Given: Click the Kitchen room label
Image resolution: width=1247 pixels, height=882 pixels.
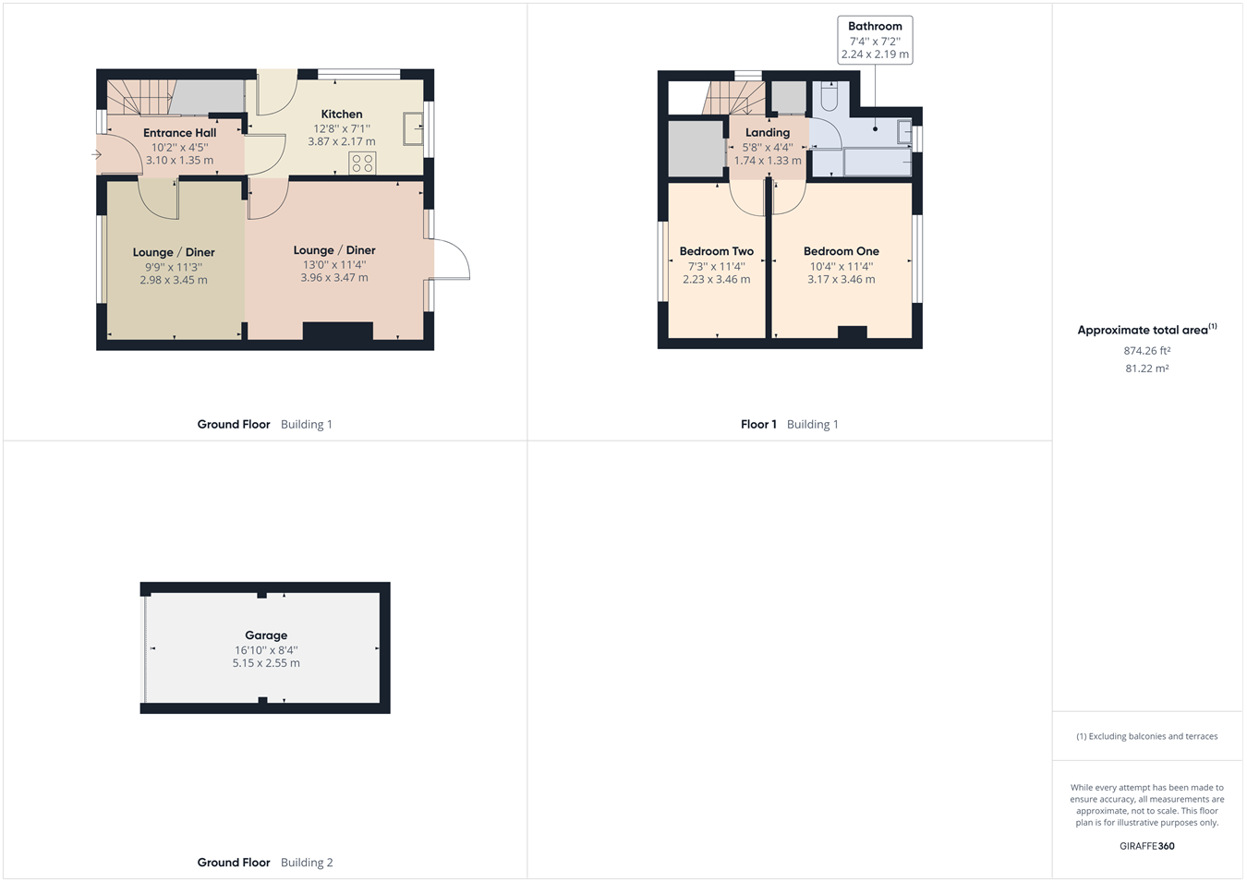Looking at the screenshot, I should point(342,115).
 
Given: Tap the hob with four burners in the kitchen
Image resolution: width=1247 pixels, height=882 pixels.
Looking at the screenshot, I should point(362,163).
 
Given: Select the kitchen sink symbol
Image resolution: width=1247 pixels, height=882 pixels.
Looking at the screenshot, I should point(413,128).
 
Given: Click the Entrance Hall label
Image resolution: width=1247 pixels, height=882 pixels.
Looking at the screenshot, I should point(180,133).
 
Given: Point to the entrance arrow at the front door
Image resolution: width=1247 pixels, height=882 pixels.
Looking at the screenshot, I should point(97,154).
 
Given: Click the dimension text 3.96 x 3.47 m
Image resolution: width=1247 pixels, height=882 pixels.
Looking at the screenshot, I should point(334,277).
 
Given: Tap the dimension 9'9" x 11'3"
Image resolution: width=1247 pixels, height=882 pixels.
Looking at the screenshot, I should point(174,267).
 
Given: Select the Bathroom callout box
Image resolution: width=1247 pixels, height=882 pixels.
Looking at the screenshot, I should point(875,40).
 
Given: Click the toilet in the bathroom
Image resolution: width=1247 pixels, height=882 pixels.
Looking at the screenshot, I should point(829,96).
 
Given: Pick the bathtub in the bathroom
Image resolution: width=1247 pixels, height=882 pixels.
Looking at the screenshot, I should point(877,162).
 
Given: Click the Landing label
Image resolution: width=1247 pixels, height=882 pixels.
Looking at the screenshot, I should point(768,133).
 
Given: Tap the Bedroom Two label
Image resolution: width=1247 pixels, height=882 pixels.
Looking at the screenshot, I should point(717,251).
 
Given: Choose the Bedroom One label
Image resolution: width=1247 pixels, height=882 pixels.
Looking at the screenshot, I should point(841,251).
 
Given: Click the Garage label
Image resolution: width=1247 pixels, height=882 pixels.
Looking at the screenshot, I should point(266,635).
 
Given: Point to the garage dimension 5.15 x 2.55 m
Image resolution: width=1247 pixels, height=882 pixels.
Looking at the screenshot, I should point(266,663).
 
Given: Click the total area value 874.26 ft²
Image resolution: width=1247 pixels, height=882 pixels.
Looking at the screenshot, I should point(1147,351).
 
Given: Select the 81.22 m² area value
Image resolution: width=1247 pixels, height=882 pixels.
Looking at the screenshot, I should point(1147,369).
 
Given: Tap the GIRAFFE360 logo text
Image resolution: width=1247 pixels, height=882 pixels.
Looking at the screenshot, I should point(1147,846).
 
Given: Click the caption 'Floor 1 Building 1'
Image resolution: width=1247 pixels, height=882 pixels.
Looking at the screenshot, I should point(790,425).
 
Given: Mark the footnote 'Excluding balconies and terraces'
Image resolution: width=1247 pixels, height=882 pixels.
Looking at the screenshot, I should point(1147,737).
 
